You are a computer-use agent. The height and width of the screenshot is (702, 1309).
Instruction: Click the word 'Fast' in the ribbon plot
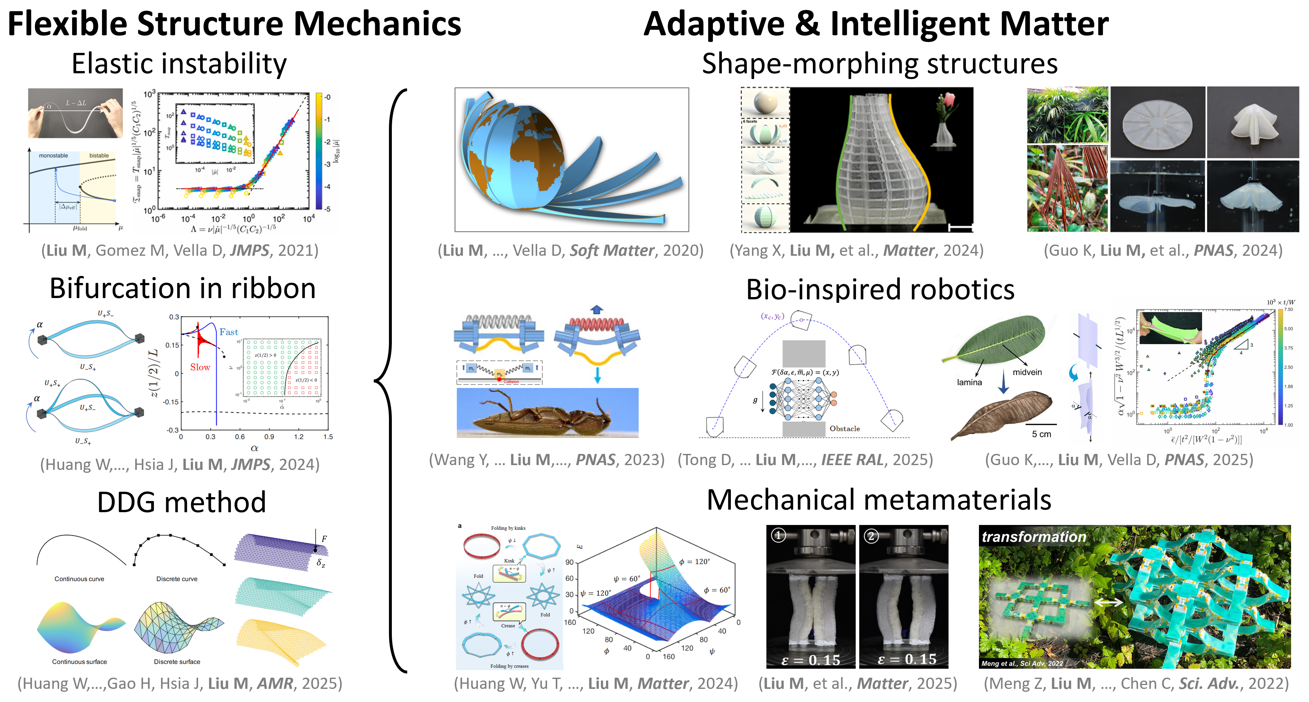[x=229, y=332]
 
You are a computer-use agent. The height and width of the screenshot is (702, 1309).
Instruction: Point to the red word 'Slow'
[x=200, y=367]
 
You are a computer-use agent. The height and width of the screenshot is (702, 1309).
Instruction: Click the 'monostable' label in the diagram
[x=53, y=156]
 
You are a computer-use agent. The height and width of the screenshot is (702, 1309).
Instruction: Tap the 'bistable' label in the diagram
[x=99, y=156]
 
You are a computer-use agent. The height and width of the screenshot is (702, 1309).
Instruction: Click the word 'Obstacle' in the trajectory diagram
[x=844, y=429]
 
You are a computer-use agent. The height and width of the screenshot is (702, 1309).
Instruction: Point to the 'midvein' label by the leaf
[x=1027, y=372]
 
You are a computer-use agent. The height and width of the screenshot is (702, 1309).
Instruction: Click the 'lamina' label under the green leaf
[x=969, y=383]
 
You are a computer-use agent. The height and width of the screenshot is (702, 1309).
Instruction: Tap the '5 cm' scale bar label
[x=1041, y=434]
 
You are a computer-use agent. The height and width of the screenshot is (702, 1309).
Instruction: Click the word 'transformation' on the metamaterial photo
[x=1034, y=537]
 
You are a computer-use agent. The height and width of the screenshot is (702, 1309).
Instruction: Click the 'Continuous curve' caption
[x=79, y=579]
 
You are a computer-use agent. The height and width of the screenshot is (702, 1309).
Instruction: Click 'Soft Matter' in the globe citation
[x=612, y=250]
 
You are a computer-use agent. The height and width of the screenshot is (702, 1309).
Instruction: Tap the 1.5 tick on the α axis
[x=328, y=437]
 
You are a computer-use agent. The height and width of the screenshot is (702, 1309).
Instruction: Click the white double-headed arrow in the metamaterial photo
[x=1108, y=602]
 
